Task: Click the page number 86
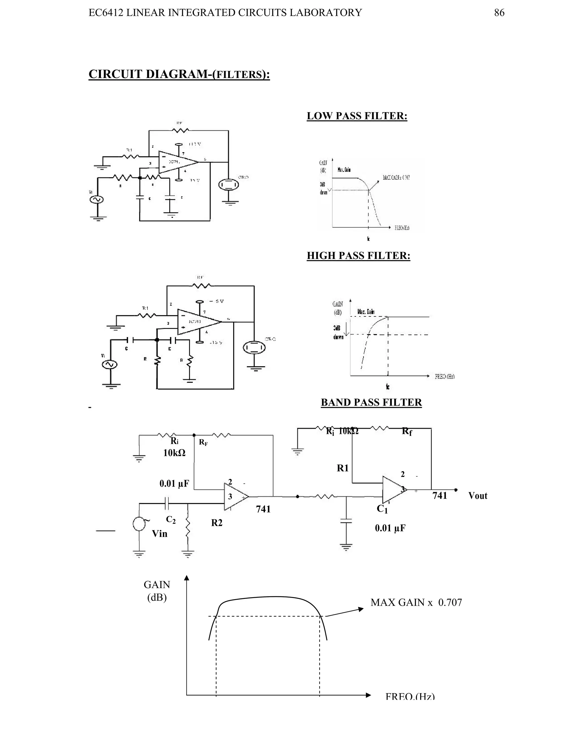click(x=499, y=13)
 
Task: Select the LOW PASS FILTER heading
click(x=357, y=116)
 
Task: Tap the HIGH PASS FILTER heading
click(x=358, y=256)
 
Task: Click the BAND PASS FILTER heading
click(x=371, y=402)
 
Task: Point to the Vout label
click(x=478, y=496)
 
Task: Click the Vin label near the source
click(x=159, y=533)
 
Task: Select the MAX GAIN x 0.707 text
click(x=416, y=602)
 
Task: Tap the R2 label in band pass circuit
click(x=217, y=523)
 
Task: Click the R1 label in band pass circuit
click(x=342, y=468)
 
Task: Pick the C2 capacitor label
click(x=171, y=520)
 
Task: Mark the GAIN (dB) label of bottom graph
click(x=157, y=591)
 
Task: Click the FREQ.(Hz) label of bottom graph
click(x=410, y=697)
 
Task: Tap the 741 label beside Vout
click(x=439, y=496)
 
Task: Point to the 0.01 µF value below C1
click(x=390, y=528)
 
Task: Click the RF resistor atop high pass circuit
click(x=202, y=285)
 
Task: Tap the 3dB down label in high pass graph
click(x=338, y=332)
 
